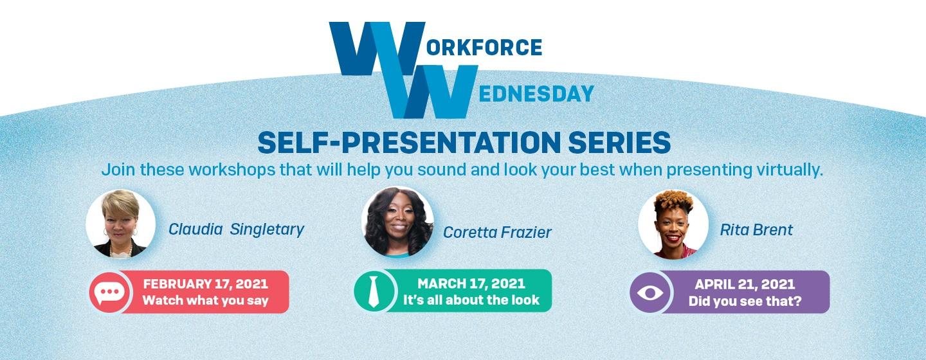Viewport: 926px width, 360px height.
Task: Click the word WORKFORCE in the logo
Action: click(x=436, y=47)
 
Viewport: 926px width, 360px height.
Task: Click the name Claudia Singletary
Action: click(x=236, y=230)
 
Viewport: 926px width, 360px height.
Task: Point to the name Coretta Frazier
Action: click(x=497, y=232)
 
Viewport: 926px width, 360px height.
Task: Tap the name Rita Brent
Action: click(x=756, y=230)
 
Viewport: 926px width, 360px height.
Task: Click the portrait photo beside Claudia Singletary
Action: click(x=121, y=224)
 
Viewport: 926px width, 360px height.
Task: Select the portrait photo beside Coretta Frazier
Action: click(x=397, y=222)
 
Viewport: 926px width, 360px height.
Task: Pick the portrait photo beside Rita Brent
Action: click(x=673, y=224)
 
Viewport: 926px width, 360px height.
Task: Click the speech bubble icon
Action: click(x=109, y=292)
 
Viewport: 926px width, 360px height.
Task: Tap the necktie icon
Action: click(x=373, y=291)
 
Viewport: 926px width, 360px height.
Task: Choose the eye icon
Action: click(x=650, y=292)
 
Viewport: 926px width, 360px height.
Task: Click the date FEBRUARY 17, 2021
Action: click(x=206, y=284)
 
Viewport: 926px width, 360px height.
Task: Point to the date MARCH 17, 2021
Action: click(x=471, y=283)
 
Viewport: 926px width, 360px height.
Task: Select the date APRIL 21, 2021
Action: click(x=745, y=284)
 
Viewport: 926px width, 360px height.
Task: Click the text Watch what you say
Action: click(x=206, y=300)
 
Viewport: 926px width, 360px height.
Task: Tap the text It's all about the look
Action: click(x=471, y=300)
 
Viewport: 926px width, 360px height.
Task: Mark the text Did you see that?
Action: click(x=745, y=301)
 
